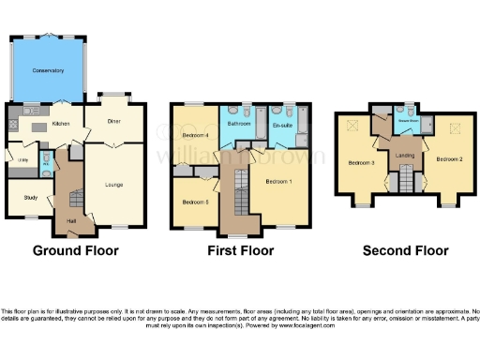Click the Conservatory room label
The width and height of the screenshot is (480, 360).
(x=48, y=71)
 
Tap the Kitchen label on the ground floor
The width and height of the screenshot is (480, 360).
(x=61, y=123)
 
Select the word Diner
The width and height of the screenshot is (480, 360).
(x=113, y=121)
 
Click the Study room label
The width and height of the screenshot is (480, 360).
(x=31, y=197)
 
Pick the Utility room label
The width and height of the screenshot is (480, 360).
(x=22, y=160)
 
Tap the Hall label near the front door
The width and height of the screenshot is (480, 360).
(x=71, y=221)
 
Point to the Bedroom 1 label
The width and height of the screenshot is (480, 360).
(x=278, y=180)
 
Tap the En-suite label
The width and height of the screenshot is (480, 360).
(x=282, y=124)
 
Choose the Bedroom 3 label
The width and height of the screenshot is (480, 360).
(x=362, y=162)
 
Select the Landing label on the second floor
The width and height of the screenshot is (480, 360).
(x=405, y=155)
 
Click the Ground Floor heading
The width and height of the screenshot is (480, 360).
(x=76, y=250)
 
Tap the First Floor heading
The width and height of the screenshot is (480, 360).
(x=241, y=250)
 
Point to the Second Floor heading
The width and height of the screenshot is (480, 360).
(x=405, y=250)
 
